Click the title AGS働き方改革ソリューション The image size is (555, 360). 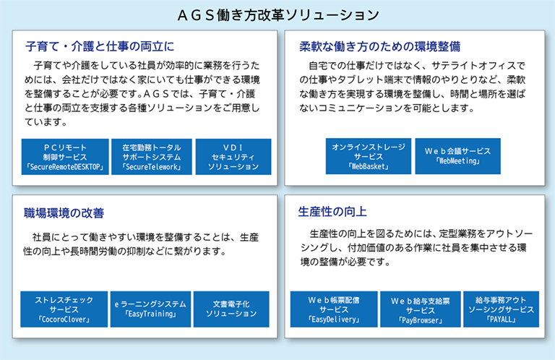click(x=277, y=14)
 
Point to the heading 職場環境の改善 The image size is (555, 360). click(x=64, y=213)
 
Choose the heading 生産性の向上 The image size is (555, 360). click(x=332, y=212)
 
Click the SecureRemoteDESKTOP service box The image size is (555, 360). click(x=65, y=157)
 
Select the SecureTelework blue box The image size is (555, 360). click(x=152, y=157)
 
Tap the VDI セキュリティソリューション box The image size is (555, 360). click(x=233, y=157)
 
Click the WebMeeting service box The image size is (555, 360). click(x=457, y=156)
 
